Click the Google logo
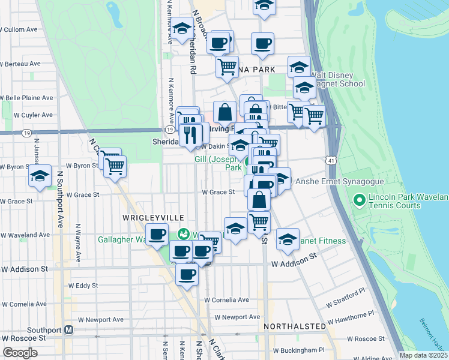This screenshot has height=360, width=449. click(x=20, y=352)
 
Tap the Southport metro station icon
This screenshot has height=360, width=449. click(x=69, y=330)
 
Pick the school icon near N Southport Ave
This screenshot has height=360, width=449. click(x=40, y=176)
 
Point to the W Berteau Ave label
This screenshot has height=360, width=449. click(x=20, y=63)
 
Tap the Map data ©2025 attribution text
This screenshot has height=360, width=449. click(x=423, y=355)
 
